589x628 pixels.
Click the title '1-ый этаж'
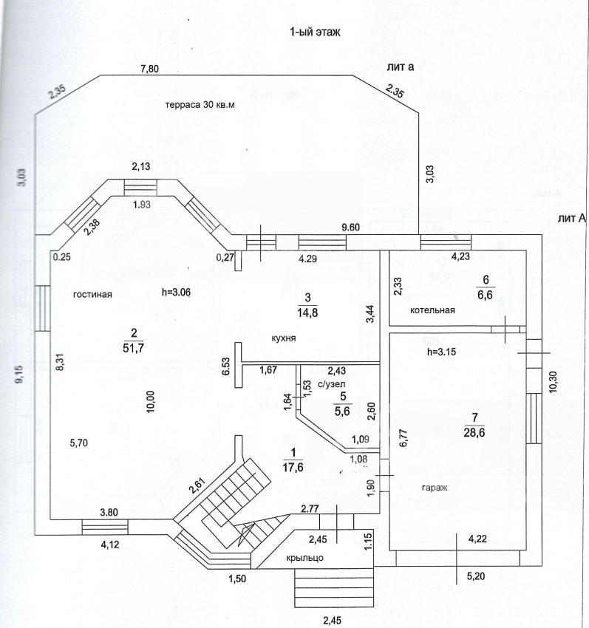(x=314, y=33)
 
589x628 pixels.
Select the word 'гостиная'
(x=92, y=294)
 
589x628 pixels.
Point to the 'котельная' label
(x=433, y=310)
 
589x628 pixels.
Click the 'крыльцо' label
(x=305, y=558)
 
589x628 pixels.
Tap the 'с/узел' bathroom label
(x=332, y=384)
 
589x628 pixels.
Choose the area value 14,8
(x=306, y=311)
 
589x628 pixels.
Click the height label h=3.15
(x=441, y=352)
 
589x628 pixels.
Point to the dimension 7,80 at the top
(x=149, y=69)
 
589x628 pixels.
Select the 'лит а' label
(x=400, y=67)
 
